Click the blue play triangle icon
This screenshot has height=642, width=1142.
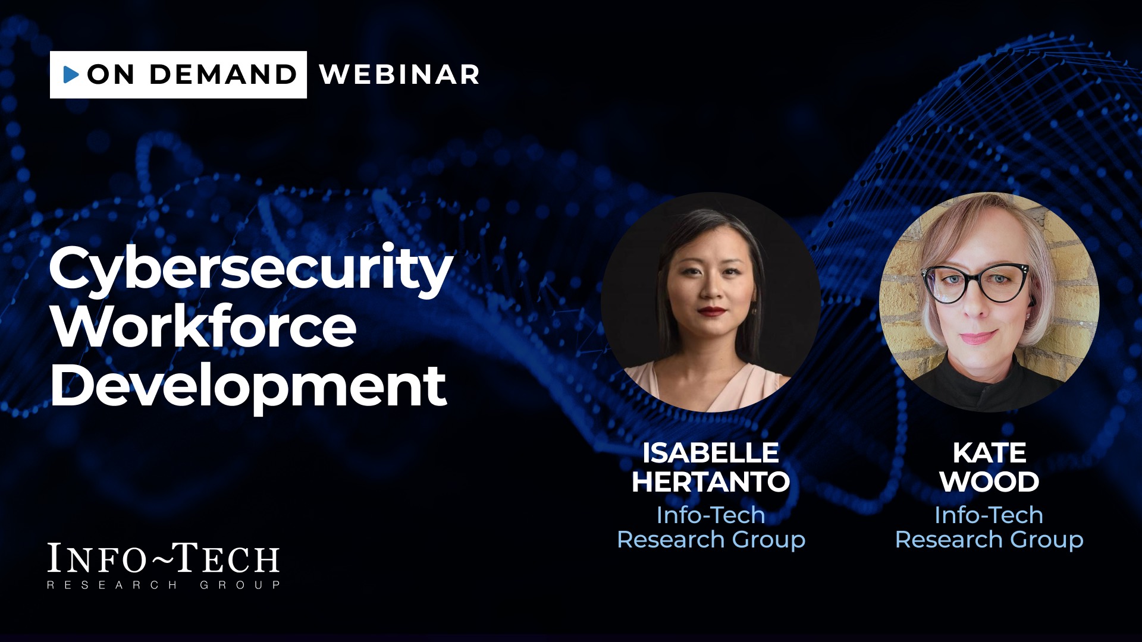point(71,74)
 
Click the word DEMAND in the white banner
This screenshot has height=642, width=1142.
point(223,74)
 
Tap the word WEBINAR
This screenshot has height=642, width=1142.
point(399,74)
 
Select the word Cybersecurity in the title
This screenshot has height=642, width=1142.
point(251,269)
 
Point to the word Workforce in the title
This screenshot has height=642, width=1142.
point(203,326)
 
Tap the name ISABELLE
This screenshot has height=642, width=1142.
point(711,453)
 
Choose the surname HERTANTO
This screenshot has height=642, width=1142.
point(711,481)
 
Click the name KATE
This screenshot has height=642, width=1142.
point(990,453)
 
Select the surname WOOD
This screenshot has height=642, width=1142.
point(990,481)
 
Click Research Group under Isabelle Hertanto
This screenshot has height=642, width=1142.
point(711,540)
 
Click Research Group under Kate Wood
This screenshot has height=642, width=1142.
point(989,540)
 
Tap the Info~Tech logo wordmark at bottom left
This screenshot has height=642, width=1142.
point(164,565)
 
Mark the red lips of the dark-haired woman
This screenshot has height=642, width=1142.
point(712,311)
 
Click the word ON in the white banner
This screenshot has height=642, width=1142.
point(111,74)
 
